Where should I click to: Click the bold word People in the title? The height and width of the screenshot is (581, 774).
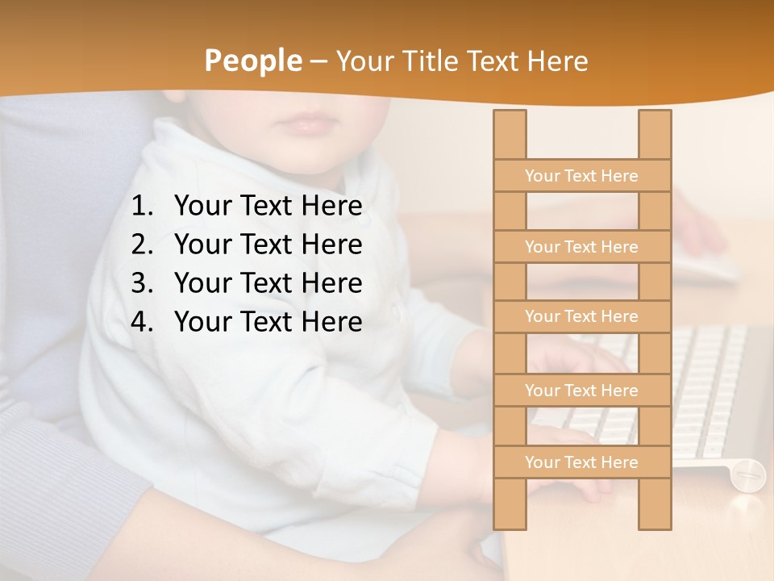click(x=252, y=61)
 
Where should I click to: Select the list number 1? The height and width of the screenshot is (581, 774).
click(x=141, y=207)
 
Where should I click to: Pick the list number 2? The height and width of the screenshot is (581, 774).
click(x=141, y=245)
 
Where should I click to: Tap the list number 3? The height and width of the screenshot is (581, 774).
click(x=141, y=283)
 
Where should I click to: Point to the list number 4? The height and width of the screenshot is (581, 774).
click(x=141, y=322)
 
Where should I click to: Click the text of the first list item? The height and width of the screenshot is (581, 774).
click(x=268, y=207)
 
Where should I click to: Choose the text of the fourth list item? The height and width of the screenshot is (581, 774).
click(x=268, y=322)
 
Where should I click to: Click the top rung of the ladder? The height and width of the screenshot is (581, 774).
click(x=581, y=176)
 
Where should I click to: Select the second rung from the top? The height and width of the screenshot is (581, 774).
click(x=581, y=247)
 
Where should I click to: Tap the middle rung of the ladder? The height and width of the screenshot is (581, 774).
click(x=581, y=316)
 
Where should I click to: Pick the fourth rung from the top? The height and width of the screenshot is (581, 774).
click(x=581, y=391)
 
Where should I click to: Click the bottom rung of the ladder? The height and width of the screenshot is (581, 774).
click(x=581, y=462)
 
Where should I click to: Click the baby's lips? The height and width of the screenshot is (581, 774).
click(x=306, y=123)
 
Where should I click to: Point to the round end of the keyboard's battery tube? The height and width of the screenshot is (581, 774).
click(x=748, y=474)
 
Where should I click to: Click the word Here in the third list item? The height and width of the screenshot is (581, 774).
click(x=331, y=283)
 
